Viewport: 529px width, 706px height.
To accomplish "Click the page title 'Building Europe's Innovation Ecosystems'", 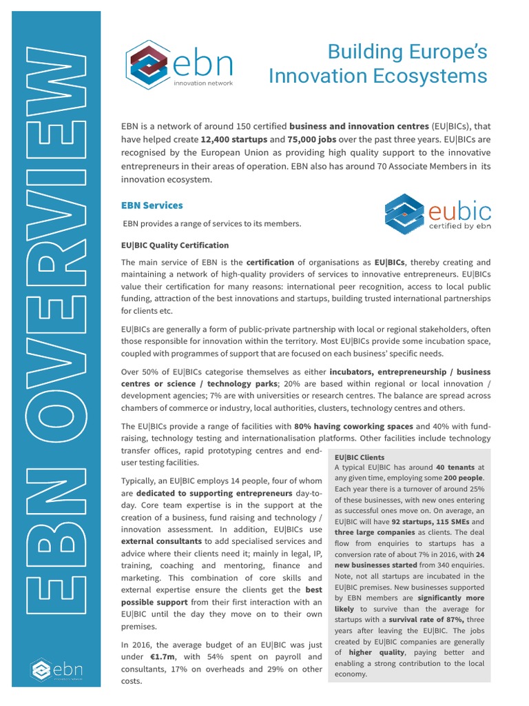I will (377, 63).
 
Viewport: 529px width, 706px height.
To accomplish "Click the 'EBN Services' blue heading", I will (152, 205).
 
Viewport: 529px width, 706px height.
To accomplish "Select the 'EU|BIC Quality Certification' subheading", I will (174, 245).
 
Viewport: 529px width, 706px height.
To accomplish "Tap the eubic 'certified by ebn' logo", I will (436, 214).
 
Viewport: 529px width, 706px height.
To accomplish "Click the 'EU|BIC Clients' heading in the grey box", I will (360, 457).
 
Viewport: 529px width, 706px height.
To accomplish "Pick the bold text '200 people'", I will (463, 478).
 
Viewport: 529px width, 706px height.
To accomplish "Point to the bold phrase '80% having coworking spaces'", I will (353, 426).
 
